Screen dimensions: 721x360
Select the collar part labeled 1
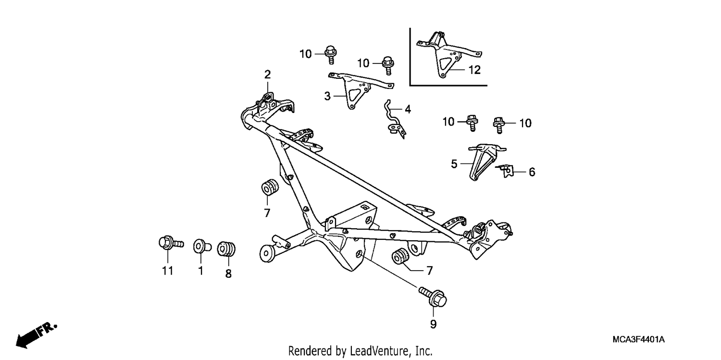201,247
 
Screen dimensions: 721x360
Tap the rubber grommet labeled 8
226,249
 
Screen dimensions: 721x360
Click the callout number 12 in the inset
474,70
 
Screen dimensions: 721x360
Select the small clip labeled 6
505,171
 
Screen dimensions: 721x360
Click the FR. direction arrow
36,336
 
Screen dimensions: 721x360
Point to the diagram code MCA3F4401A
639,339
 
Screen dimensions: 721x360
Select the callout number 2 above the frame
267,74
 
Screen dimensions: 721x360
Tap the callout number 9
433,324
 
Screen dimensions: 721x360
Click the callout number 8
228,274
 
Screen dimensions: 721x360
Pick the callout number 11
168,271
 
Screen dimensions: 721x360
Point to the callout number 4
408,110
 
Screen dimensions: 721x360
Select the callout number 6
532,172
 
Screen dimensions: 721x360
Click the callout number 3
327,96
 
